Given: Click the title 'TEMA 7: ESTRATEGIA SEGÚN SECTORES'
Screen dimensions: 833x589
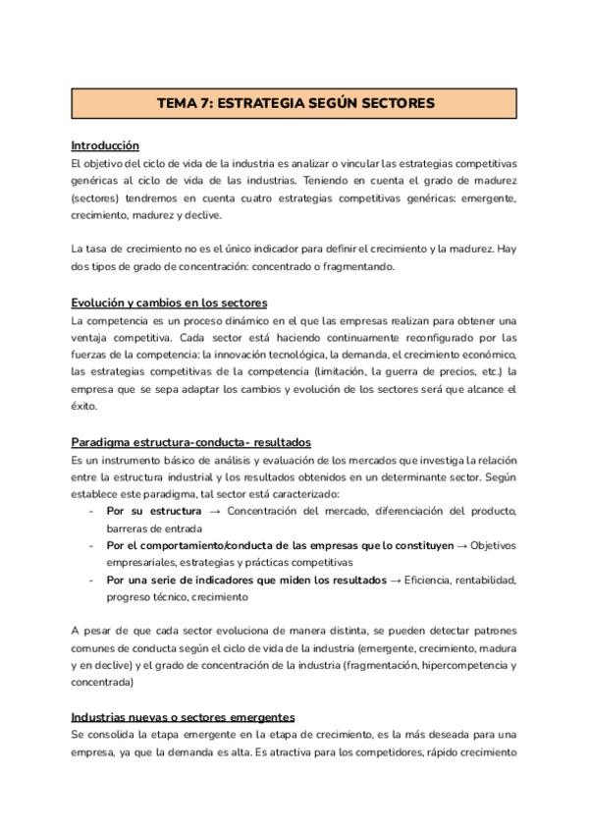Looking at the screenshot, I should pyautogui.click(x=294, y=103).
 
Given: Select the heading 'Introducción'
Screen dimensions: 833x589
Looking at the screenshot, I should pyautogui.click(x=105, y=145).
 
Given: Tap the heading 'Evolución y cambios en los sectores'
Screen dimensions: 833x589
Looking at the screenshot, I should pyautogui.click(x=169, y=302).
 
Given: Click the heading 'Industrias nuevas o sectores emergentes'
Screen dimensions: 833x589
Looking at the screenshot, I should pyautogui.click(x=183, y=718).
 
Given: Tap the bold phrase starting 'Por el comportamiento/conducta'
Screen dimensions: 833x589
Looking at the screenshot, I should pyautogui.click(x=280, y=545).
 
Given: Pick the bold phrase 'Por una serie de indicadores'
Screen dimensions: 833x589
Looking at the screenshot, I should pyautogui.click(x=246, y=580).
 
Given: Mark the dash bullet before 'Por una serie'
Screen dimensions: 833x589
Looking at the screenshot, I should pyautogui.click(x=91, y=580).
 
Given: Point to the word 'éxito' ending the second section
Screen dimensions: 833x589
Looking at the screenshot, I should pyautogui.click(x=85, y=406).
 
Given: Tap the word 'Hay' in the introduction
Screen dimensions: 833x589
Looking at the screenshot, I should pyautogui.click(x=506, y=250).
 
